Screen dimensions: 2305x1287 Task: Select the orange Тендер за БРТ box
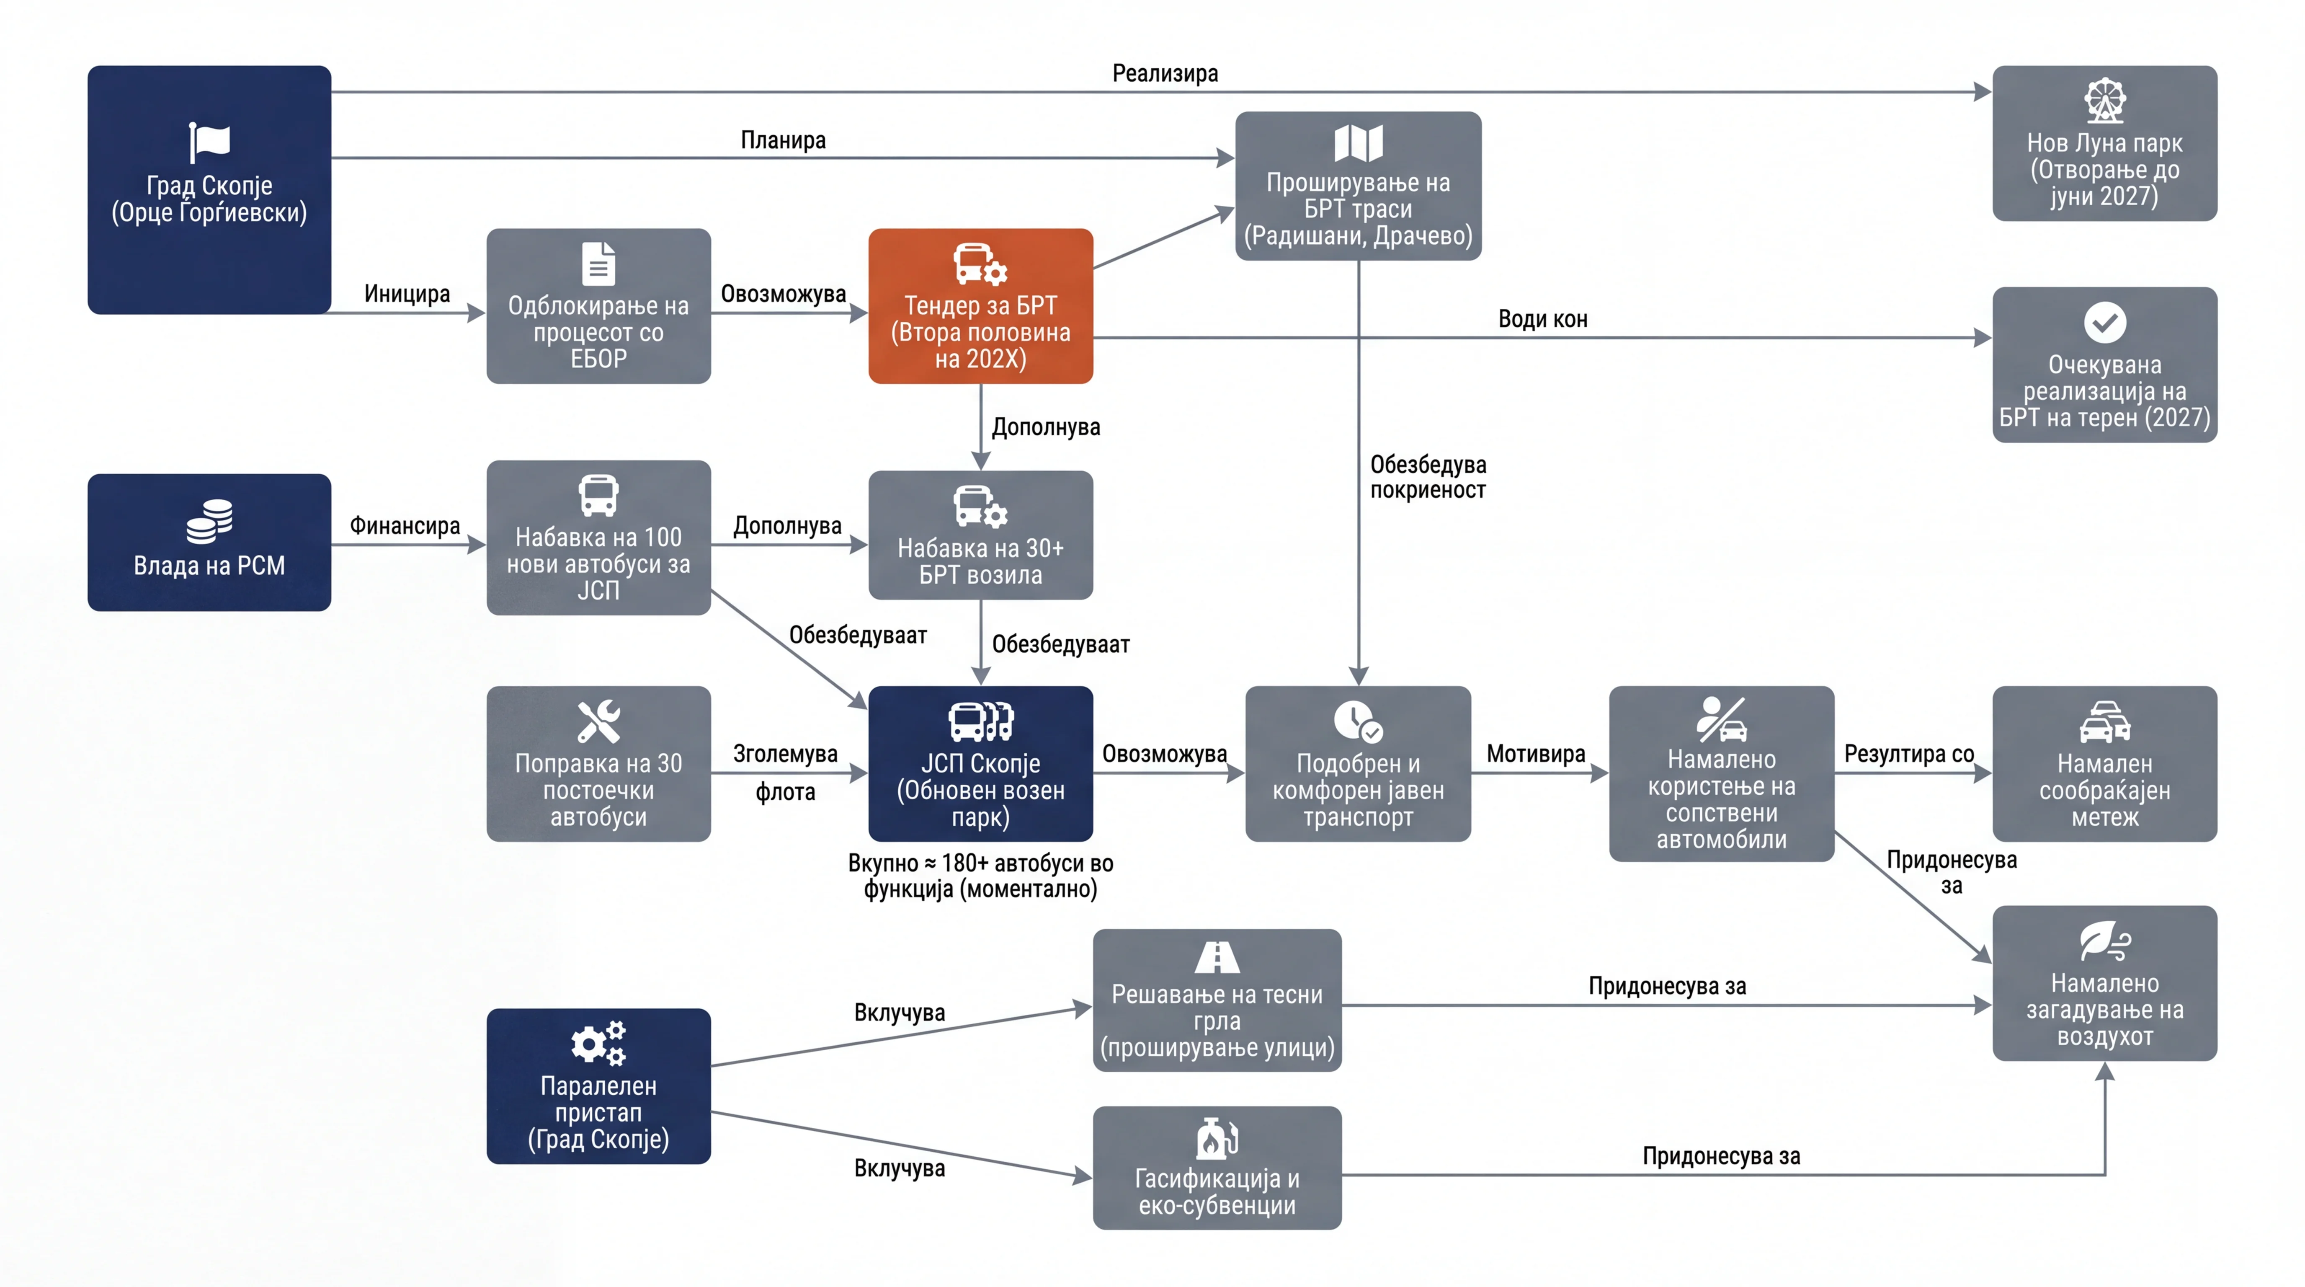(981, 306)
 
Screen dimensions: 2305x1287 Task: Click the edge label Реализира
(1165, 73)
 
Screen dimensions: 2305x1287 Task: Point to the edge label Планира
(783, 140)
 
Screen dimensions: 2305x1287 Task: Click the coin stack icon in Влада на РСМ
(209, 521)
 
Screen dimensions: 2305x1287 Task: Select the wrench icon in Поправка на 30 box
(598, 721)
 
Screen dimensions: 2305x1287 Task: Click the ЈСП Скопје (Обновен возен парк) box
(981, 763)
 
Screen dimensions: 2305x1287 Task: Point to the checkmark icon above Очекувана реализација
(2104, 322)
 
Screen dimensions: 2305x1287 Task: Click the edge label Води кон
(1543, 320)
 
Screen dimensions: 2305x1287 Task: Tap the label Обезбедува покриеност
(1428, 477)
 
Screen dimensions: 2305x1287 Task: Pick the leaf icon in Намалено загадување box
(2104, 941)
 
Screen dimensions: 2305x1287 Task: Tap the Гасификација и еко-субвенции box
(1217, 1168)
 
